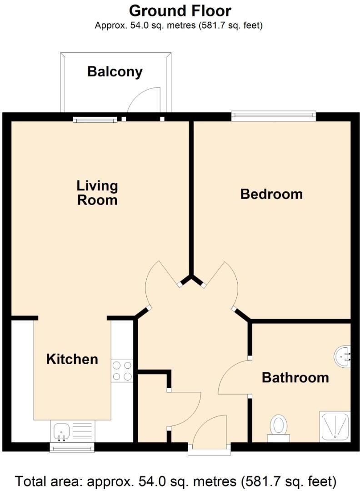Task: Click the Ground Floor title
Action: point(180,10)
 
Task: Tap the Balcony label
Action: point(115,71)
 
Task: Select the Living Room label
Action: point(97,193)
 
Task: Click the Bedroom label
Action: point(271,194)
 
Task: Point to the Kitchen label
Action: point(72,359)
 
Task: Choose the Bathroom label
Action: point(295,377)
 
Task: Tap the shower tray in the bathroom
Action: point(335,426)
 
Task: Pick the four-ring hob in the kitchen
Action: point(122,371)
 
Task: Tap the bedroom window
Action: point(274,115)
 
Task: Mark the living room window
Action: point(95,120)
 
